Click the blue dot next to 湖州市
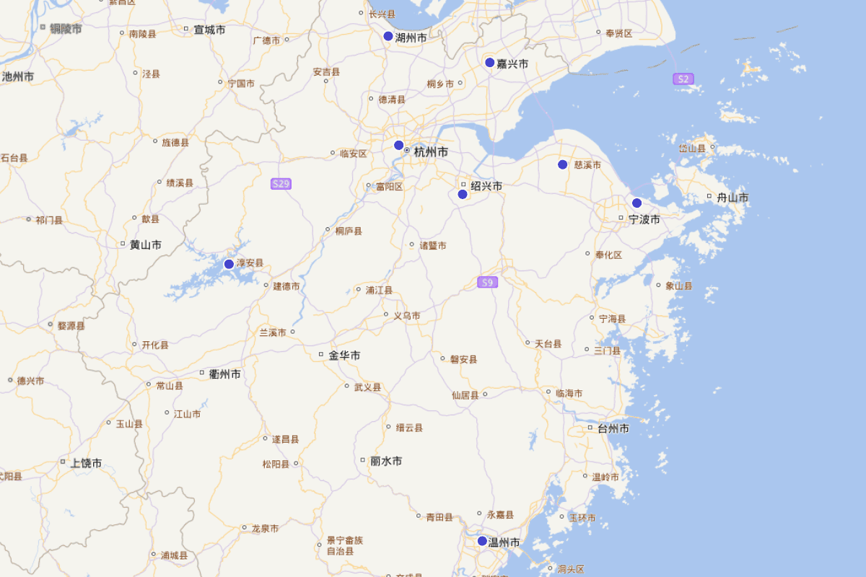(x=388, y=36)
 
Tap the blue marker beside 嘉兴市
(x=490, y=63)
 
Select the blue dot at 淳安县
(x=229, y=264)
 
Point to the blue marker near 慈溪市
(x=563, y=164)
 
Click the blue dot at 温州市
(x=482, y=541)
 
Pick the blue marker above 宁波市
(x=637, y=203)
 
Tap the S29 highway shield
(x=281, y=184)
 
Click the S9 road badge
(x=488, y=282)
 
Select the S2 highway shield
(x=683, y=79)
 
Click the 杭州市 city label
(x=431, y=152)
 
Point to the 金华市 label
(x=344, y=356)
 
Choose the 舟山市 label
(x=732, y=198)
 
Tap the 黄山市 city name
(x=145, y=245)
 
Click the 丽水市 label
(x=385, y=461)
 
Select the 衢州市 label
(x=224, y=374)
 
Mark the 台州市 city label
(x=613, y=428)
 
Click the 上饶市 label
(x=86, y=463)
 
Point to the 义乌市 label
(x=406, y=315)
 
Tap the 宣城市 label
(x=209, y=30)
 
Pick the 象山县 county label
(x=678, y=286)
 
